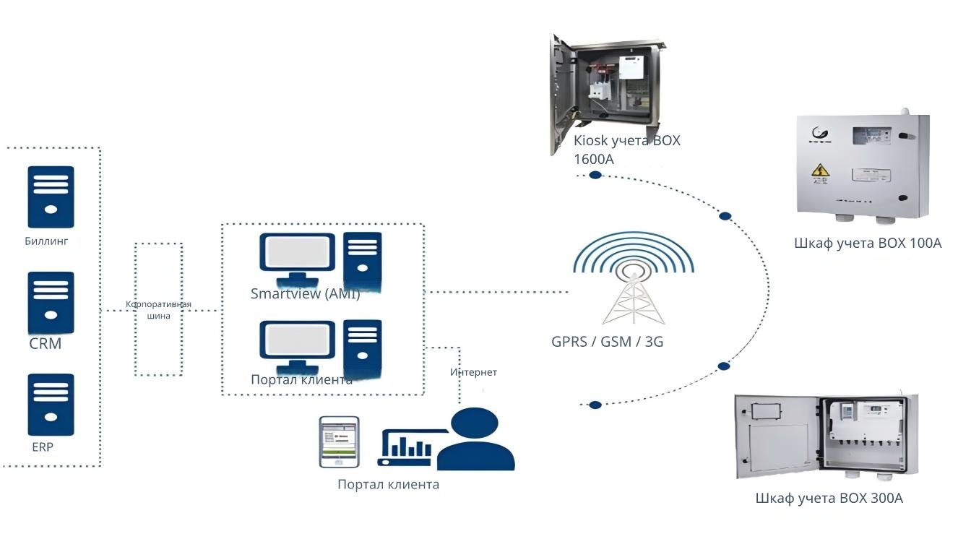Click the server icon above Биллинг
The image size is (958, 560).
point(51,197)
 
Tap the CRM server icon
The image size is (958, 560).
point(51,303)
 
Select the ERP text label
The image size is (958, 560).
point(43,447)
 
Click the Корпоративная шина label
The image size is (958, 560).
point(159,310)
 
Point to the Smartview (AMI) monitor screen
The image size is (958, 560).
point(297,252)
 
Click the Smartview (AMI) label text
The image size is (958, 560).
point(305,293)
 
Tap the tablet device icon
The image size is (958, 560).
point(340,442)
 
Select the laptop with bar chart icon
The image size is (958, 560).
point(410,447)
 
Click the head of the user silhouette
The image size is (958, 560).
point(474,422)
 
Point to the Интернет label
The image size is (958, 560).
point(473,372)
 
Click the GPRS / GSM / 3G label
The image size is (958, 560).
point(608,342)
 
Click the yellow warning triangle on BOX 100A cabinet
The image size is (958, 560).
point(820,170)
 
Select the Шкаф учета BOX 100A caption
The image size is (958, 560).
point(868,243)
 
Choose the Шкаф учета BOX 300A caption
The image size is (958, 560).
point(829,498)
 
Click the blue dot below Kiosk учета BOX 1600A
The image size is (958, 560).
point(595,175)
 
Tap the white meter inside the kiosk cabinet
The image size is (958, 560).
point(631,67)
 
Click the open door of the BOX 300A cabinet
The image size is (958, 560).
point(777,436)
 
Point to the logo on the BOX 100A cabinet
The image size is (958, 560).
point(820,134)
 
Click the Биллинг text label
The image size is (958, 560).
point(46,241)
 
